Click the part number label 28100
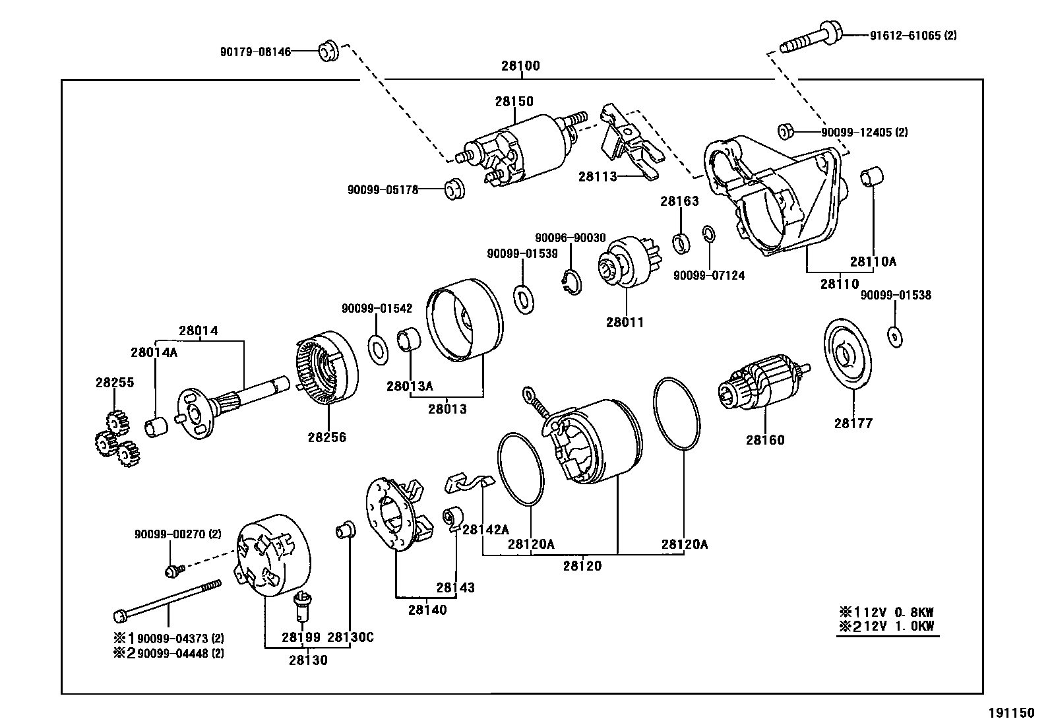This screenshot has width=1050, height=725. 520,66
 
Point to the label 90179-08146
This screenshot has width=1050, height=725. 255,51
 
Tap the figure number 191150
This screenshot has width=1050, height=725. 1011,712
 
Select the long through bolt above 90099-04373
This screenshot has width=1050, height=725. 168,600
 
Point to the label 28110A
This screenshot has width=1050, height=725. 873,261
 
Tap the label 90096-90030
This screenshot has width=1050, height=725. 570,237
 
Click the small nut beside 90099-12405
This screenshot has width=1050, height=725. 785,131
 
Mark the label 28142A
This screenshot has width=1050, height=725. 485,529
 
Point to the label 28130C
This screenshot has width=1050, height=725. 350,637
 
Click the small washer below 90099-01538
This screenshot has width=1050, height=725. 895,336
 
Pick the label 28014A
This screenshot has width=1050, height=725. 154,352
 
